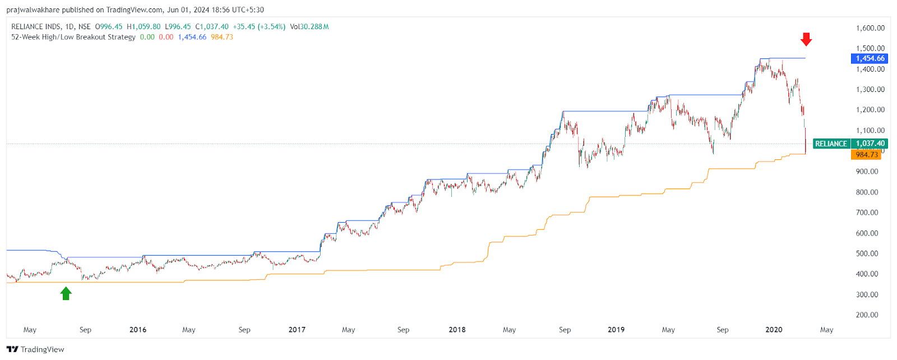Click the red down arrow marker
[x=806, y=39]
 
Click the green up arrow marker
[x=66, y=293]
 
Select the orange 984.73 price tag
[x=866, y=155]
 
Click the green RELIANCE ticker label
[x=831, y=144]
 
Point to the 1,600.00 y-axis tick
[x=870, y=28]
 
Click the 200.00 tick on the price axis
[x=870, y=315]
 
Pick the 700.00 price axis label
[x=870, y=213]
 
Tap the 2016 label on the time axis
[x=138, y=330]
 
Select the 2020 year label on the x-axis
[x=774, y=330]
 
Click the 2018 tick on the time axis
[x=457, y=330]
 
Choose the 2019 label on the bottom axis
[x=616, y=330]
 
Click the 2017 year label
[x=297, y=330]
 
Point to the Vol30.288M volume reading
[x=309, y=26]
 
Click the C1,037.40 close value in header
[x=212, y=26]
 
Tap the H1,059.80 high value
[x=144, y=26]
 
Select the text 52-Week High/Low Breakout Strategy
[x=73, y=37]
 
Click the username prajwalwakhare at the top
[x=33, y=10]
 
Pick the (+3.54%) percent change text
[x=271, y=26]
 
